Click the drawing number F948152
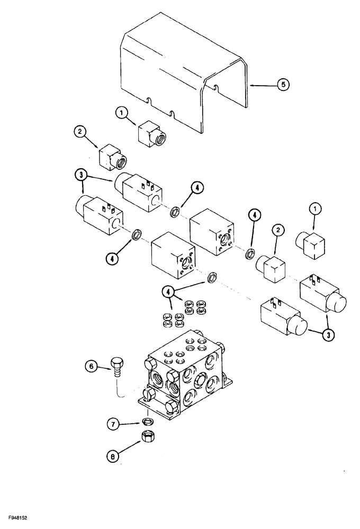pos(17,515)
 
